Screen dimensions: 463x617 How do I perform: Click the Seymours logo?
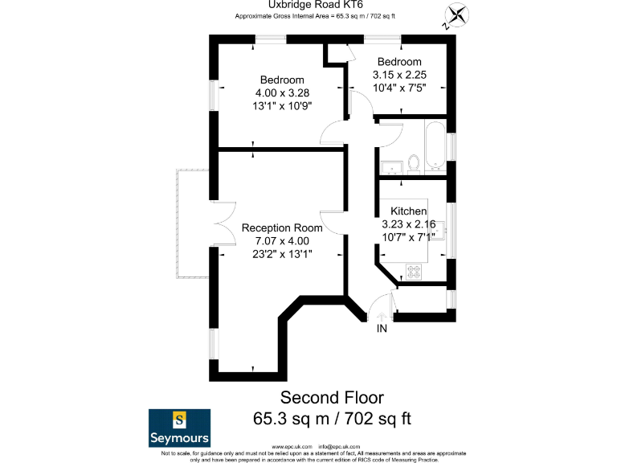point(180,428)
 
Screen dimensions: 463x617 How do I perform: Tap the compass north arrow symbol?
point(456,16)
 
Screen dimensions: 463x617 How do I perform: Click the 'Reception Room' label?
point(281,227)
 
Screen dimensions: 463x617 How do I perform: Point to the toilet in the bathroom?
point(414,163)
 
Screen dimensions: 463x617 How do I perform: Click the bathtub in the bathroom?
point(435,146)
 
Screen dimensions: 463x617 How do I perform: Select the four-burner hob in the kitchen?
point(414,271)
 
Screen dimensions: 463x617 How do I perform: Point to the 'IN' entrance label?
point(382,329)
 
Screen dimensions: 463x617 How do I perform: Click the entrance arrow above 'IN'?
point(382,316)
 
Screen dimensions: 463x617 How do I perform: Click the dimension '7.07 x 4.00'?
point(281,240)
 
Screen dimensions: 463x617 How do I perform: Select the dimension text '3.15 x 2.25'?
point(399,74)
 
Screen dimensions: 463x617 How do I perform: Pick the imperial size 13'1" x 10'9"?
point(281,105)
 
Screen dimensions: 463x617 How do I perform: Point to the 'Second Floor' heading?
point(332,397)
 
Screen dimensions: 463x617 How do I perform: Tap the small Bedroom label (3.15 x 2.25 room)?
point(399,62)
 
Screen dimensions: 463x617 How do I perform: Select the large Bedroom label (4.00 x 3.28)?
point(281,80)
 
